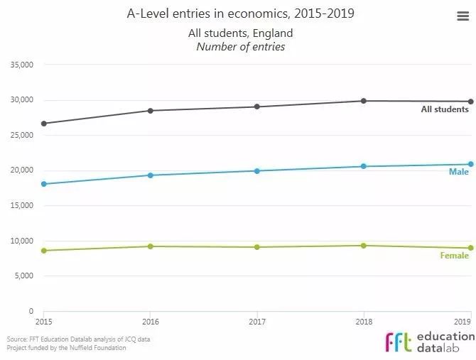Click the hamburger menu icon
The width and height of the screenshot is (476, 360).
pyautogui.click(x=463, y=17)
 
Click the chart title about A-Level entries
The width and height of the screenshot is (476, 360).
pyautogui.click(x=240, y=13)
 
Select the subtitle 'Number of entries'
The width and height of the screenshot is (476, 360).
pyautogui.click(x=240, y=47)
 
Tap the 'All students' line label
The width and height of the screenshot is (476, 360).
pyautogui.click(x=445, y=109)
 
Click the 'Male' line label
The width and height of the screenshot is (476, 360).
pyautogui.click(x=458, y=172)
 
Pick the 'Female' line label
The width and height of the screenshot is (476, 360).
pyautogui.click(x=454, y=256)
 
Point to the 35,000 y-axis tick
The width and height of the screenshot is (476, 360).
pyautogui.click(x=21, y=65)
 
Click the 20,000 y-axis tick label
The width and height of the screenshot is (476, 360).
pyautogui.click(x=21, y=170)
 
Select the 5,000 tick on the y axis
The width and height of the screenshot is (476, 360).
pyautogui.click(x=23, y=276)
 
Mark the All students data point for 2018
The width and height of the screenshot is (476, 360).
pyautogui.click(x=364, y=101)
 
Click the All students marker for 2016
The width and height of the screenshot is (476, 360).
pyautogui.click(x=151, y=111)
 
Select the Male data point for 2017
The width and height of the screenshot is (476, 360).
pyautogui.click(x=257, y=170)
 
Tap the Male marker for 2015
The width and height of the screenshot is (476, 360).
pyautogui.click(x=44, y=184)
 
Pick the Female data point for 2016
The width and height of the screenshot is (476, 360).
pyautogui.click(x=151, y=246)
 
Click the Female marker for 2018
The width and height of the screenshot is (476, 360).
pyautogui.click(x=364, y=246)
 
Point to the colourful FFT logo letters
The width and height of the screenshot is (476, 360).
pyautogui.click(x=398, y=342)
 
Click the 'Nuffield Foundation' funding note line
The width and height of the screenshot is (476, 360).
pyautogui.click(x=66, y=348)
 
